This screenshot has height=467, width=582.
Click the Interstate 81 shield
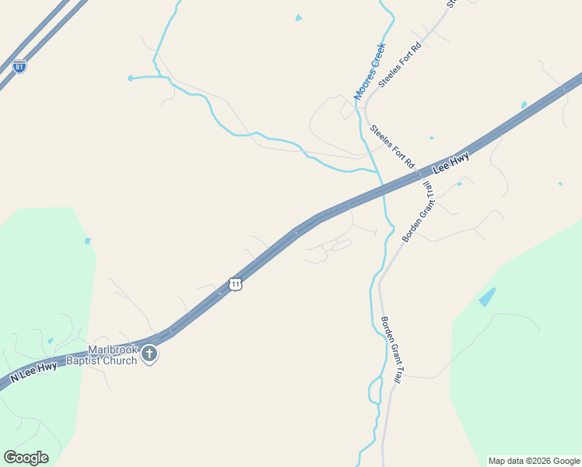[19, 67]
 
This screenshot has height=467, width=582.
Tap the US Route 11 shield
[236, 284]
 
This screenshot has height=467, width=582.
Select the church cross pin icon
[149, 355]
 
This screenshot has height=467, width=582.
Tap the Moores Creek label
[370, 71]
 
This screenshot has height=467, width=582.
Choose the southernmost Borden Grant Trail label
[391, 350]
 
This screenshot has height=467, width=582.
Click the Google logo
[26, 458]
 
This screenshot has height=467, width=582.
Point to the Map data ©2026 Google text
[534, 461]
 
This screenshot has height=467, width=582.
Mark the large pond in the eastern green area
[487, 297]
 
